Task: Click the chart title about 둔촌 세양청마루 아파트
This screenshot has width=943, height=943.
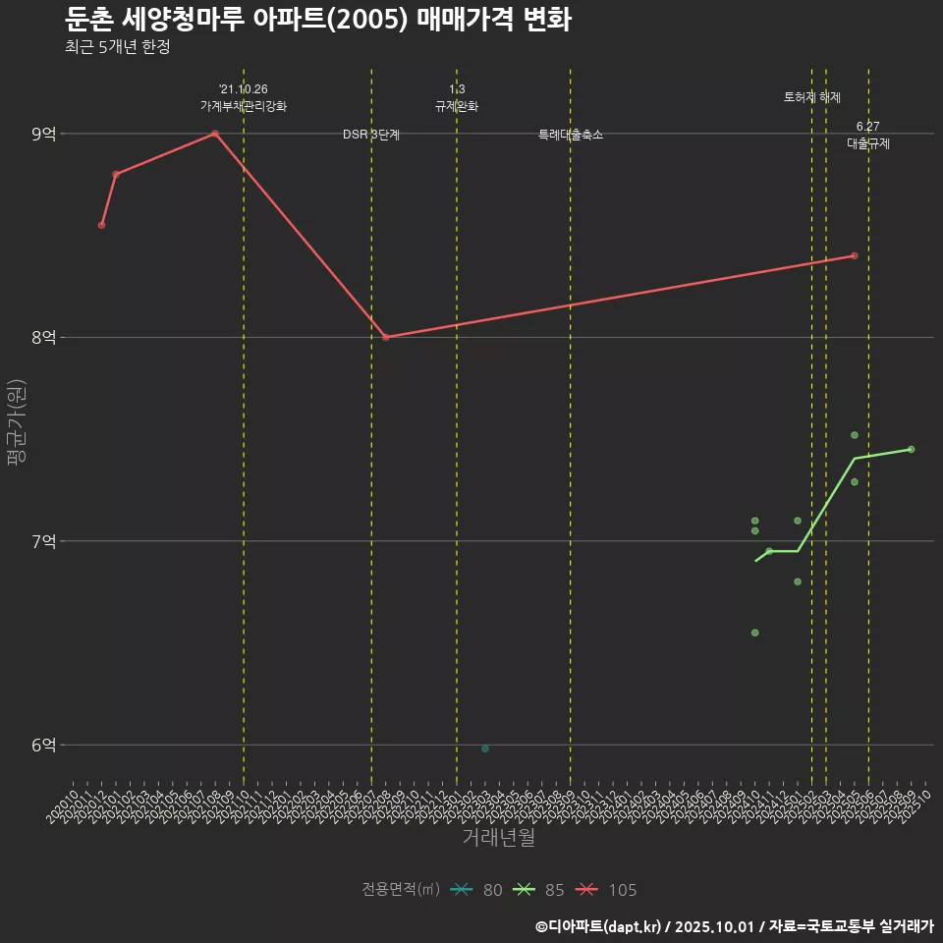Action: [x=318, y=20]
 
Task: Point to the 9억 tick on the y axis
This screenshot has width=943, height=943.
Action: [x=44, y=134]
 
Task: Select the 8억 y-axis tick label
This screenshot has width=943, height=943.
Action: [x=44, y=337]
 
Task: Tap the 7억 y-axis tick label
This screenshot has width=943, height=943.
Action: [x=44, y=541]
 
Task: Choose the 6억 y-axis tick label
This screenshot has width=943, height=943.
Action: [x=44, y=745]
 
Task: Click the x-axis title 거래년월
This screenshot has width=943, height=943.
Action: [x=498, y=838]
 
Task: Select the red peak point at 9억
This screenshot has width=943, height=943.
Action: [x=215, y=134]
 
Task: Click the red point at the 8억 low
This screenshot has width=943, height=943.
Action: [x=386, y=337]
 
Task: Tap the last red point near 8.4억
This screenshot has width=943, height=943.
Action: [x=855, y=255]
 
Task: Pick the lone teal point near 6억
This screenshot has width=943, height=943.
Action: [x=485, y=749]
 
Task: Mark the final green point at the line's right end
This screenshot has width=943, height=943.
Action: [x=912, y=449]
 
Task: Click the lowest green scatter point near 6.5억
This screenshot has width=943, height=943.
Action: [x=754, y=633]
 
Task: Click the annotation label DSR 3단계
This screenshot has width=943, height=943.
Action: [x=371, y=135]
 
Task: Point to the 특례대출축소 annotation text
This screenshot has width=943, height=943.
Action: [x=571, y=135]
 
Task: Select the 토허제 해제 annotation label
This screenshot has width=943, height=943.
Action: [x=812, y=97]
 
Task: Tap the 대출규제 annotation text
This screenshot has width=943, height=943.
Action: [x=868, y=143]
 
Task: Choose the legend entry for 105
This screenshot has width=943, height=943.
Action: [x=609, y=890]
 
